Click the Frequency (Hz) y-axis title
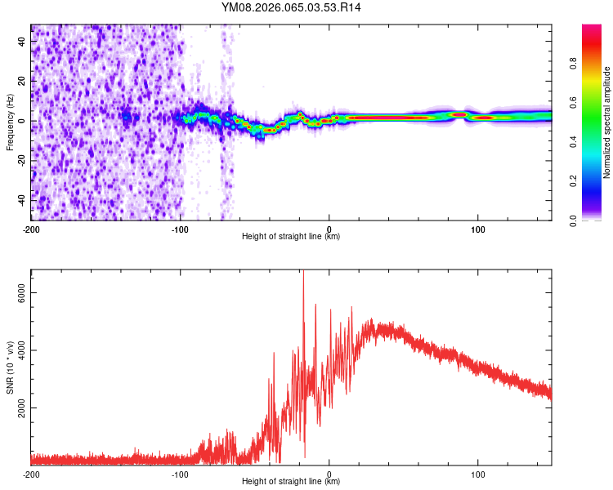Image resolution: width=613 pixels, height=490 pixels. [x=10, y=122]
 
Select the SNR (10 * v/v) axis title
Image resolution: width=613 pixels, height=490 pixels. [x=10, y=367]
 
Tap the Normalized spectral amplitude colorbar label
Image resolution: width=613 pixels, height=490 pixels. [x=606, y=122]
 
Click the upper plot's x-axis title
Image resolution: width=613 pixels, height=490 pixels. [x=291, y=236]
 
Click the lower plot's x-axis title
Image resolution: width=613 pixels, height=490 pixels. [x=291, y=481]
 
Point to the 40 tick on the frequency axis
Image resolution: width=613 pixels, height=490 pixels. [x=22, y=42]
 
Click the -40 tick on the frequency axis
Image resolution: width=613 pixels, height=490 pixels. [x=22, y=198]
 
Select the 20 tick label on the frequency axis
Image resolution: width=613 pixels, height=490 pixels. [x=22, y=82]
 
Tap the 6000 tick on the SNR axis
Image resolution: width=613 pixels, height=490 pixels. [x=22, y=293]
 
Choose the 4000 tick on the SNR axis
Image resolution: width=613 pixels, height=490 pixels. [x=22, y=350]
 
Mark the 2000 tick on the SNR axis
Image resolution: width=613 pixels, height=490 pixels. [x=22, y=408]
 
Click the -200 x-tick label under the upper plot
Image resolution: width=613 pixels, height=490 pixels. [x=31, y=229]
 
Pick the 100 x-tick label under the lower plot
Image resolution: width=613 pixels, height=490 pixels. [x=477, y=474]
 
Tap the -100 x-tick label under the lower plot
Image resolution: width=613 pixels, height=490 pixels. [x=180, y=474]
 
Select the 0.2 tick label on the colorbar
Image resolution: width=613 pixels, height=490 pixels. [x=575, y=181]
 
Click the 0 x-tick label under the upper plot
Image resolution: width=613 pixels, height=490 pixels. [x=329, y=229]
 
